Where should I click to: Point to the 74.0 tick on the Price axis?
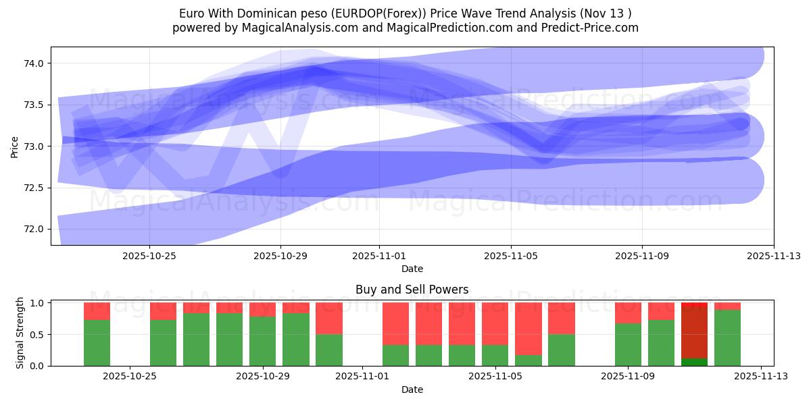coord(34,63)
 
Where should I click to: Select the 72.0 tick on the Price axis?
coord(34,229)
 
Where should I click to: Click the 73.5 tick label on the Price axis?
coord(34,105)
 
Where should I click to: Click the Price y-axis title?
coord(15,146)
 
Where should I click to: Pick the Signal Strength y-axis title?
coord(20,333)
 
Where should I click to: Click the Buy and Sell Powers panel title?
coord(412,290)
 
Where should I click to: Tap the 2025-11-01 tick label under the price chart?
coord(379,256)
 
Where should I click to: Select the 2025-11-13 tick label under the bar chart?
coord(761,377)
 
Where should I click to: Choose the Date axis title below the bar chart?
coord(412,389)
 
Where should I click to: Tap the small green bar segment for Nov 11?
coord(694,362)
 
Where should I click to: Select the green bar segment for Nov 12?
coord(727,337)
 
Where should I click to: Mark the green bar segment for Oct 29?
coord(263,341)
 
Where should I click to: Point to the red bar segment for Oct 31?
coord(329,318)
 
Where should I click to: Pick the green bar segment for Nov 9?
coord(628,344)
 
